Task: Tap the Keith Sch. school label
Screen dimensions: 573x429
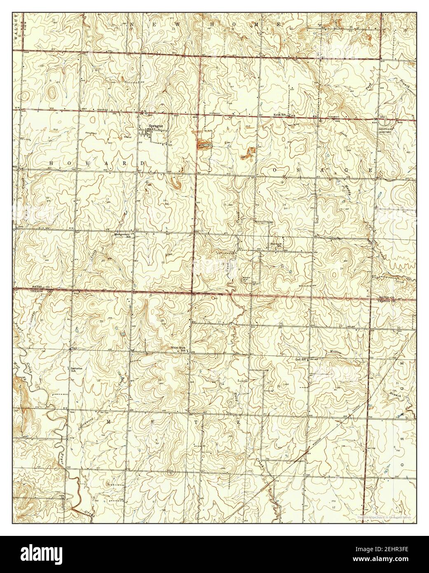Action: coord(281,115)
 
